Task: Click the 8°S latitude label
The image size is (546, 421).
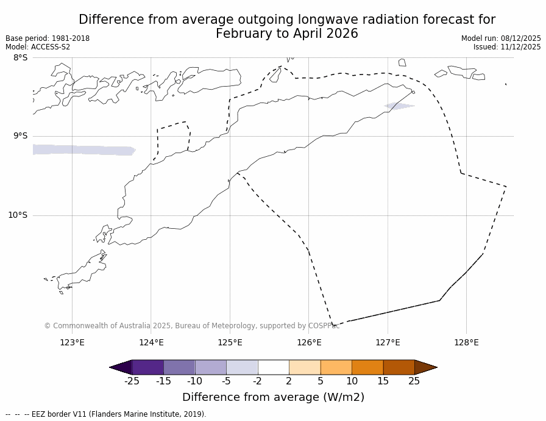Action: click(x=20, y=58)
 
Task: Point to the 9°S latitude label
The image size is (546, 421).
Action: click(x=20, y=136)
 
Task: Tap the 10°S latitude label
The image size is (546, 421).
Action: click(x=18, y=215)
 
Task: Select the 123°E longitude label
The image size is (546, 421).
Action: click(x=72, y=342)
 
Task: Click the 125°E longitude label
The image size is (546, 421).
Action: click(x=230, y=342)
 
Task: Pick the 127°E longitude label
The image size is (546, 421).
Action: click(x=388, y=342)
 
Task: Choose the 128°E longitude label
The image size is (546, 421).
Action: click(x=466, y=342)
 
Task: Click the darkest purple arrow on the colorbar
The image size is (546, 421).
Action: click(x=121, y=367)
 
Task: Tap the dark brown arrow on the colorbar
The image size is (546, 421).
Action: click(x=425, y=367)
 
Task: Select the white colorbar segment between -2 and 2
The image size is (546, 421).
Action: click(x=274, y=367)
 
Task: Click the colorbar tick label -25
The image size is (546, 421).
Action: click(x=132, y=381)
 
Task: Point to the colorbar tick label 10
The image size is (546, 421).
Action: click(x=352, y=381)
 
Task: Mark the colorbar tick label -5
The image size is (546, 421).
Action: click(x=226, y=381)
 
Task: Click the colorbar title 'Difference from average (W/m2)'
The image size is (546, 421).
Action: click(x=273, y=397)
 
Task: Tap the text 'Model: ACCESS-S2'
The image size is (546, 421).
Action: click(x=38, y=47)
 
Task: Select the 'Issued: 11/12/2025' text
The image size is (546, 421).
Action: click(x=507, y=47)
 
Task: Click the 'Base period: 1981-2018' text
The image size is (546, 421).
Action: click(x=48, y=38)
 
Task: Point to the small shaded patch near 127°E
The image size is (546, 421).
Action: click(x=399, y=106)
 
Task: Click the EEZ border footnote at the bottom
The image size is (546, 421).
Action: click(x=106, y=414)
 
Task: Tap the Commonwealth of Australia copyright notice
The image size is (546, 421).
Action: click(x=192, y=326)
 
